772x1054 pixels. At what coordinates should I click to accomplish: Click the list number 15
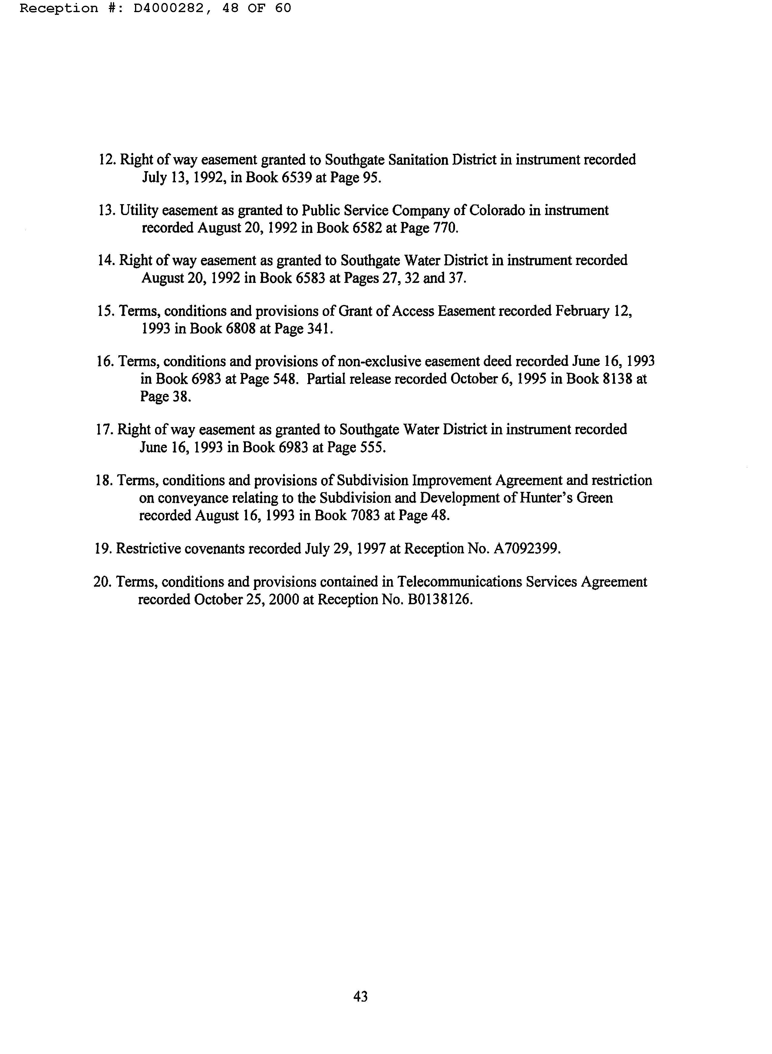105,311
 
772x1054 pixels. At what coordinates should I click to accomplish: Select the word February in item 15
582,311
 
